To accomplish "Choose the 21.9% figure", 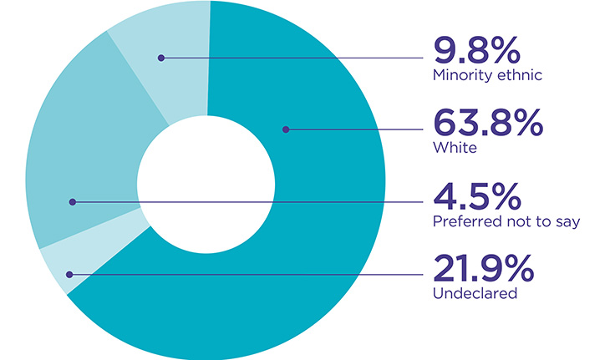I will click(x=482, y=270).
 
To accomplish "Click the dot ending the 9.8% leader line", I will click(x=161, y=58).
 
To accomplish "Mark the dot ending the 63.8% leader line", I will click(x=286, y=129).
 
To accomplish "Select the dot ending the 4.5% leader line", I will click(x=73, y=201).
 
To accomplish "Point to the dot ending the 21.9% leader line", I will click(x=69, y=274).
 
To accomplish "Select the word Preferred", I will click(x=465, y=221).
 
